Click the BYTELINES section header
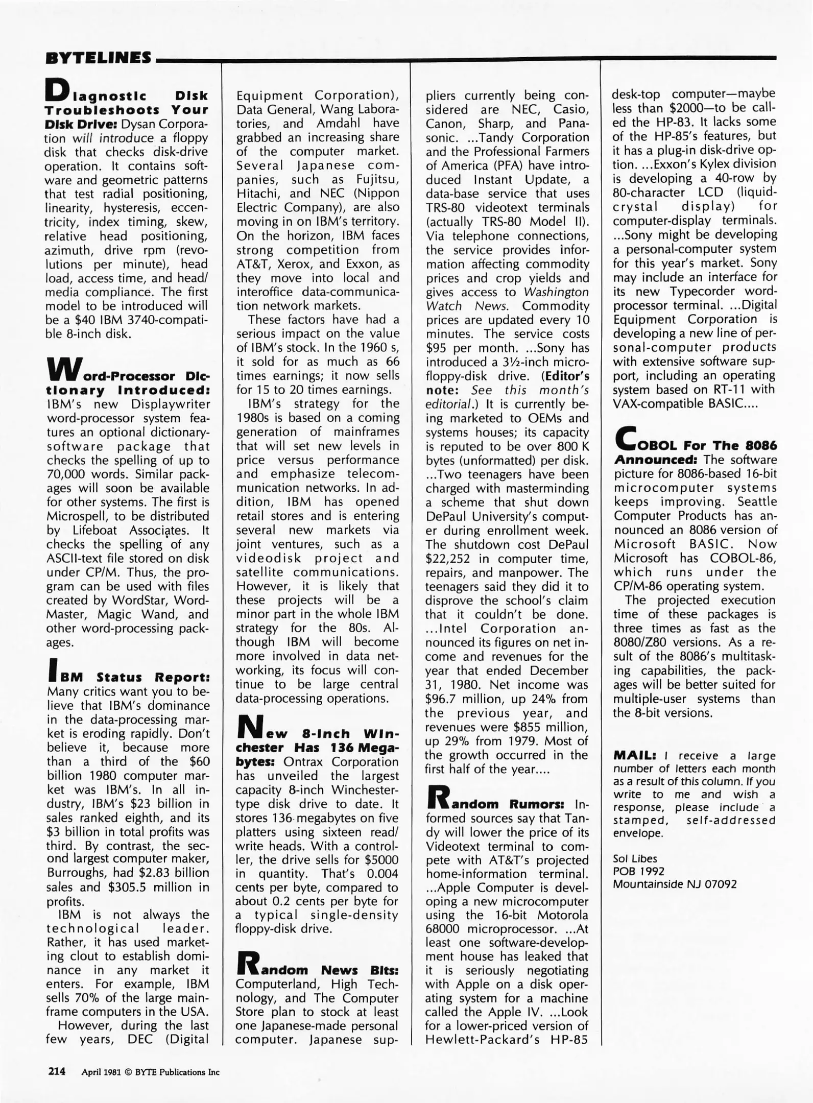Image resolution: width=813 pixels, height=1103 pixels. [x=98, y=58]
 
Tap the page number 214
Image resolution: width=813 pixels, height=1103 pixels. [x=57, y=1071]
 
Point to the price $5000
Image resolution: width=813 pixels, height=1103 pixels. [x=379, y=859]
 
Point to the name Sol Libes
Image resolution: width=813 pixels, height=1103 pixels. [x=635, y=859]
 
